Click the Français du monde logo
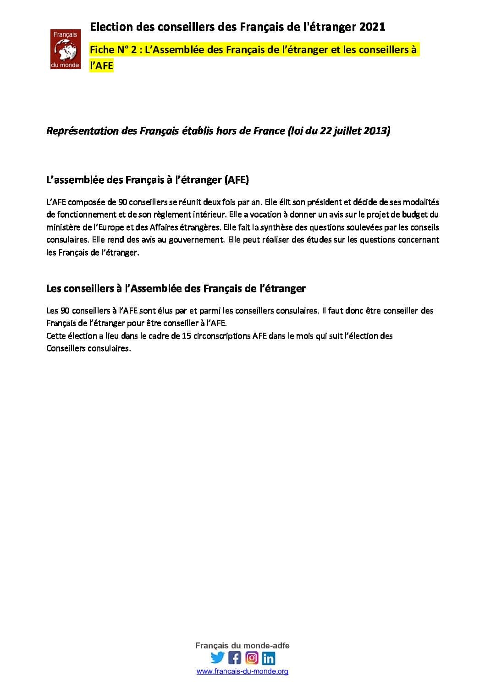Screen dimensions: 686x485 coord(65,49)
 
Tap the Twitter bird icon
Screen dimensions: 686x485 coord(217,658)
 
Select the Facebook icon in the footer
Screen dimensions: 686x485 coord(234,658)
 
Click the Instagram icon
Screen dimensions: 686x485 coord(252,658)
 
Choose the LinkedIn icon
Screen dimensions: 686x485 coord(269,659)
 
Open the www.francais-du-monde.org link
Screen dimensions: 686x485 coord(242,672)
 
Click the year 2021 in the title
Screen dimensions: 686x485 coord(372,27)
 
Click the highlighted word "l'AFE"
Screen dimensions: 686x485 coord(102,66)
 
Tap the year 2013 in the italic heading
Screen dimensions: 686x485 coord(376,131)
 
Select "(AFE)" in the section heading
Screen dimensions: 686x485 coord(236,180)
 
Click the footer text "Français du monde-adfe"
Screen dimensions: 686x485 coord(242,645)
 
